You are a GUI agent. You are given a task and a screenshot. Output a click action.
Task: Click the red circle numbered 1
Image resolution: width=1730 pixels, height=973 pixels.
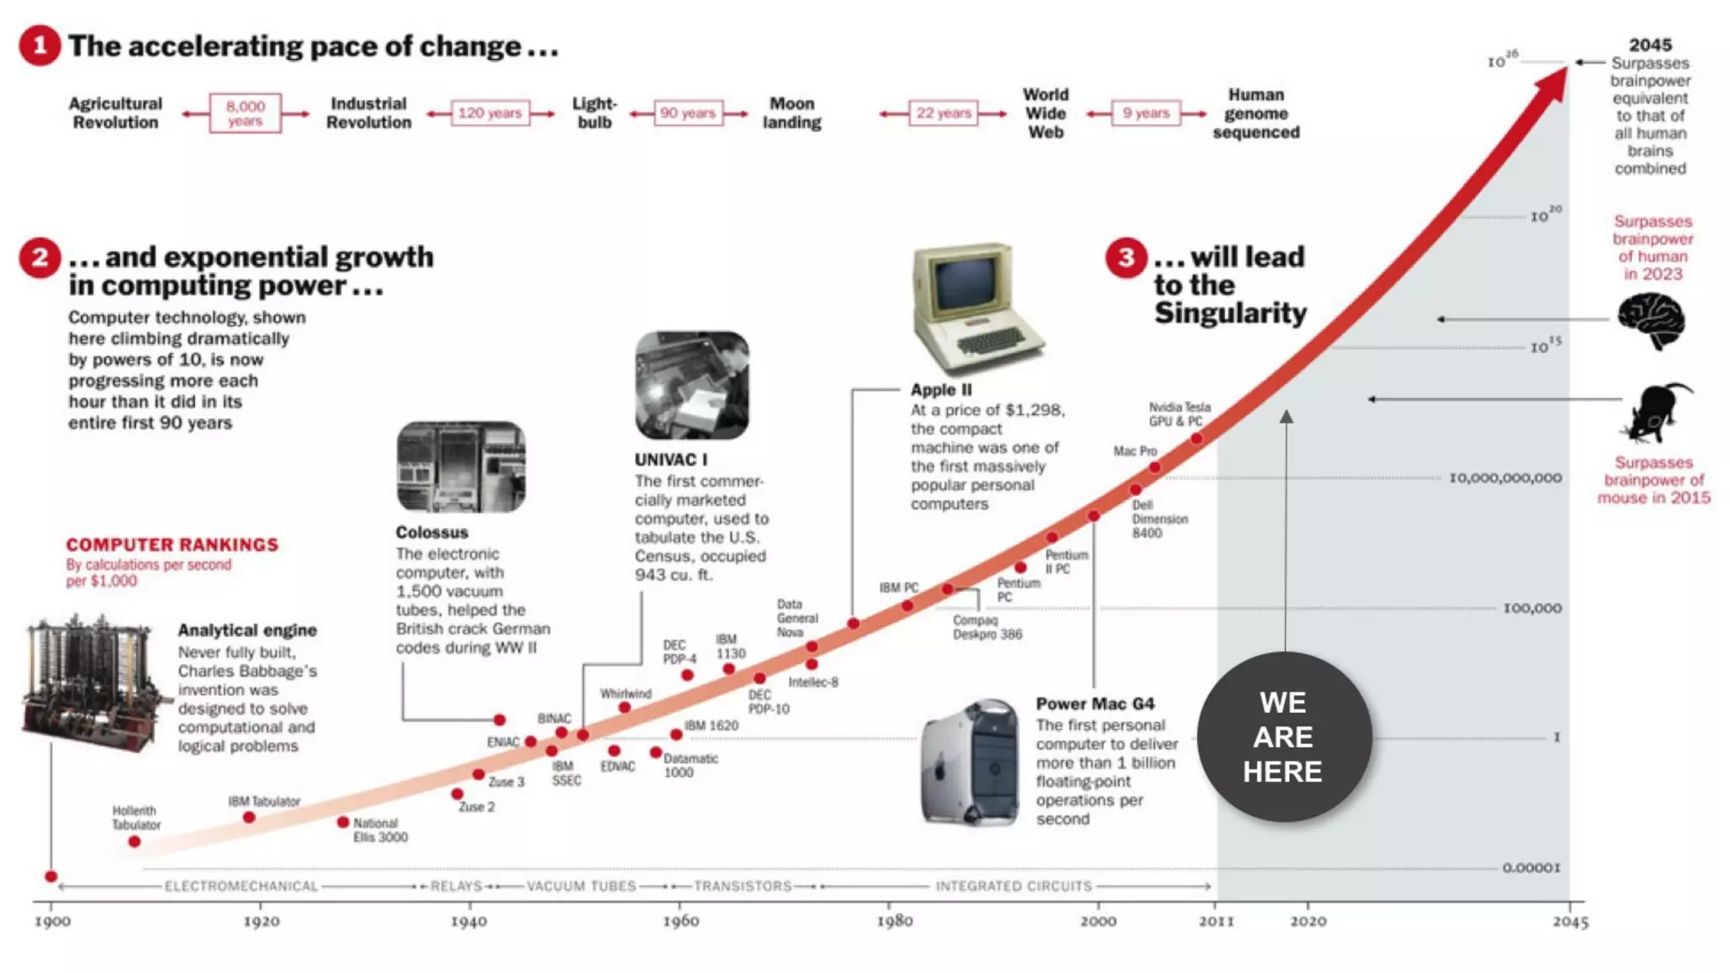(40, 45)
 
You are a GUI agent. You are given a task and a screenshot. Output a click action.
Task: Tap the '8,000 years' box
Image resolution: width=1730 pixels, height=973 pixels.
(245, 113)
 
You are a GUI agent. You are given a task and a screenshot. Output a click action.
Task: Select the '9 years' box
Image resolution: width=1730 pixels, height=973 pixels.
(1145, 113)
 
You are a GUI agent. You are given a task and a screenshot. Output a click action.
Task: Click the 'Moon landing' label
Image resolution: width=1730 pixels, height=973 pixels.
(792, 113)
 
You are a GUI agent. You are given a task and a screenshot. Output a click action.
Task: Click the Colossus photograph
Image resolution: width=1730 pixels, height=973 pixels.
(461, 467)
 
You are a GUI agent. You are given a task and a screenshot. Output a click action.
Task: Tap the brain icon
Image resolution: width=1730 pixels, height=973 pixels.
(1651, 321)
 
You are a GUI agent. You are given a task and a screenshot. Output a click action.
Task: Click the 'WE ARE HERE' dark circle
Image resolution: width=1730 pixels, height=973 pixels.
(1284, 737)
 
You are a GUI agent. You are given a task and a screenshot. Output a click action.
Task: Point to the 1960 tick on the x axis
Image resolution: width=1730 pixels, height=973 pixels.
(681, 904)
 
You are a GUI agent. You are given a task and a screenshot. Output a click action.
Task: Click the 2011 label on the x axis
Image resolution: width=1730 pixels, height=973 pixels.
(1216, 921)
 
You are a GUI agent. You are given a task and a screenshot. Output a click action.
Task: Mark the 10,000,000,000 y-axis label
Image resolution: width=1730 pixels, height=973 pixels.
(1505, 478)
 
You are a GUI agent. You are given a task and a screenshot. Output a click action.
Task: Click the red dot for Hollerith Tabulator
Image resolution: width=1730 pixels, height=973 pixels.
(134, 842)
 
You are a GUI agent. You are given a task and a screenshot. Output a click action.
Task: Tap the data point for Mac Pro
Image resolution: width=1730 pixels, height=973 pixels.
(1155, 468)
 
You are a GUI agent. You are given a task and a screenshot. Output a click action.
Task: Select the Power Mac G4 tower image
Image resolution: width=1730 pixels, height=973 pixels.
(970, 762)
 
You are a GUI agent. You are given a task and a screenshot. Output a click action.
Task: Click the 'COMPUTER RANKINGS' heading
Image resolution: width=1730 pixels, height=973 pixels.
(172, 545)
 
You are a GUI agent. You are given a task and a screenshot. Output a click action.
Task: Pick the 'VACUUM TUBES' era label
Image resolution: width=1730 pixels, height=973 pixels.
(581, 886)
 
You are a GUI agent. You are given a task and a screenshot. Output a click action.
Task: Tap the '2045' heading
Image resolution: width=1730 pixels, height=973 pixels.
(1650, 45)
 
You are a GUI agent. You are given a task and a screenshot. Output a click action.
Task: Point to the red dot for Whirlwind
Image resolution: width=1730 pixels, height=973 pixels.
(624, 708)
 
